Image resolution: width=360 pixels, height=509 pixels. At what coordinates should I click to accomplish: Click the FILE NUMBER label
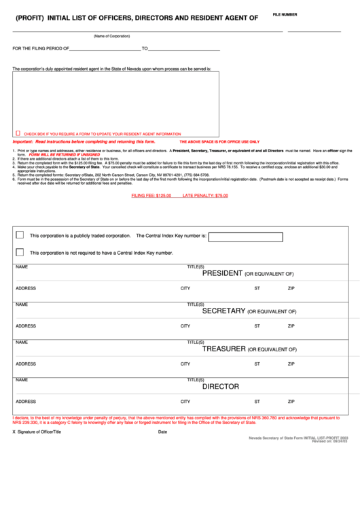click(285, 14)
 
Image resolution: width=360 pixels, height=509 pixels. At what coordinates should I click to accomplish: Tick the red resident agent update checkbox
click(18, 134)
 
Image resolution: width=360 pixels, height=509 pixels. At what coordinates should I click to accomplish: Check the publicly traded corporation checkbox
click(20, 235)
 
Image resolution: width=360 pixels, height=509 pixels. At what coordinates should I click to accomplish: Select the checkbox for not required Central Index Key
click(20, 252)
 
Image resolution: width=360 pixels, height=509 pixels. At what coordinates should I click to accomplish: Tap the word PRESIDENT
click(222, 273)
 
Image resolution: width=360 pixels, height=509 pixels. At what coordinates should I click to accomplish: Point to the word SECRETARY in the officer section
click(223, 311)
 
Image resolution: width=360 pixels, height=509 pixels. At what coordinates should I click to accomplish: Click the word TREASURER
click(223, 349)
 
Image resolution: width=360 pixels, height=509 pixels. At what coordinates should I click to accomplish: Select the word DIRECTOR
click(221, 386)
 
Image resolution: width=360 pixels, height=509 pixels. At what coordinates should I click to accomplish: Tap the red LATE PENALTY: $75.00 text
click(205, 196)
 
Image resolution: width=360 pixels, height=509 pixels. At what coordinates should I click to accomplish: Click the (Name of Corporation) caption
click(111, 36)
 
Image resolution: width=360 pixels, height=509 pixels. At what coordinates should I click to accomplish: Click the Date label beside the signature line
click(162, 432)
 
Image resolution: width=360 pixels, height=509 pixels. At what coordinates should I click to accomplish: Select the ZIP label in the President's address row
click(291, 289)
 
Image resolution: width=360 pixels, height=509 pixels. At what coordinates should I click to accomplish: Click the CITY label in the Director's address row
click(185, 402)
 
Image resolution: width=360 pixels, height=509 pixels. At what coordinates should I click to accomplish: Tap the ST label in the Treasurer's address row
click(257, 364)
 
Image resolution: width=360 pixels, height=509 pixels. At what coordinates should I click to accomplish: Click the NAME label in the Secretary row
click(22, 304)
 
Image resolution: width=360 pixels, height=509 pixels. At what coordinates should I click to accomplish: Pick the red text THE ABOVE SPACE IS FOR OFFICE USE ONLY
click(219, 141)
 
